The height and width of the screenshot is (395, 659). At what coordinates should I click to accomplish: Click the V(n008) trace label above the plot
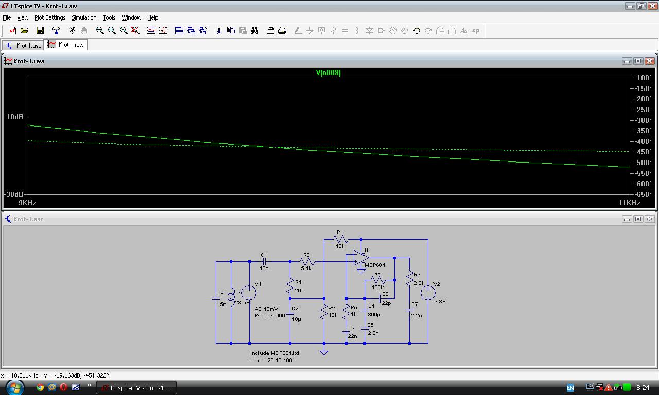pos(328,73)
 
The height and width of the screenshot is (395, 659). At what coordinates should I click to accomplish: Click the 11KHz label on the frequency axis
pos(629,203)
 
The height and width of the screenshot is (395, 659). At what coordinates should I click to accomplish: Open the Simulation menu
pos(84,17)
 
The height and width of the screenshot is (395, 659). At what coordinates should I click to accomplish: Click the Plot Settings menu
pos(50,17)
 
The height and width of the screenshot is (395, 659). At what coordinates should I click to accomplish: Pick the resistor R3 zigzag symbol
pos(307,261)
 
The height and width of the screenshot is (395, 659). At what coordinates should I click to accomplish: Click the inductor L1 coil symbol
pos(232,297)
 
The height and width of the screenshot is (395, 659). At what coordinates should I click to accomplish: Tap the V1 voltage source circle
pos(249,293)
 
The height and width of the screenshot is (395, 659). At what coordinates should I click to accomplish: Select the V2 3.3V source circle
pos(428,293)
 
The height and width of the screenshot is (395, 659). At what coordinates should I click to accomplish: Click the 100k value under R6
pos(378,287)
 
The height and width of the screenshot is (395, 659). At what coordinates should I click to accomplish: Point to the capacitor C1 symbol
pos(264,261)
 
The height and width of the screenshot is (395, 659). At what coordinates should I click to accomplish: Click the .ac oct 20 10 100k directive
pos(272,361)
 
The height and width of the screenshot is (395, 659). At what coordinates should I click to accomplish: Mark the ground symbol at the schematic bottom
pos(324,352)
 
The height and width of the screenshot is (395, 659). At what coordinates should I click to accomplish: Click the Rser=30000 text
pos(270,316)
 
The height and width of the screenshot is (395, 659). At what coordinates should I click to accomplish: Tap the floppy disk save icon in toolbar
pos(40,30)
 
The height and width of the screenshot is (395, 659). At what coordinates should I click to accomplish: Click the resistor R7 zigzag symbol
pos(409,278)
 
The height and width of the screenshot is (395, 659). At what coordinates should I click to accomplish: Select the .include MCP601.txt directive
pos(274,353)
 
